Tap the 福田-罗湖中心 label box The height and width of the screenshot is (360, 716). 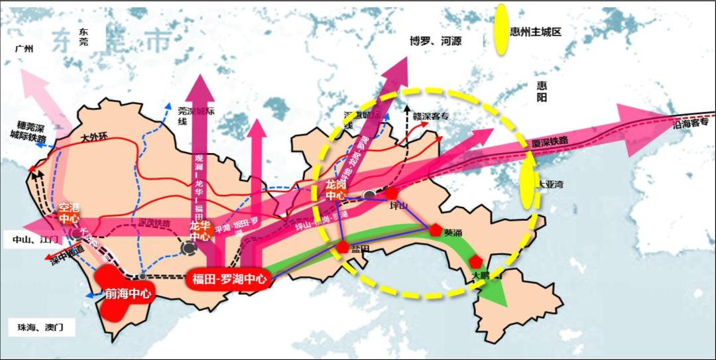(229, 279)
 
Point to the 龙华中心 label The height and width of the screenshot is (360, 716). (200, 230)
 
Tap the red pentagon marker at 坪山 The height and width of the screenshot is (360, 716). (392, 194)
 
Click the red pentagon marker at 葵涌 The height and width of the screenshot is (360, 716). (435, 231)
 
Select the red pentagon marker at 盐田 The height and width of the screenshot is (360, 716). (343, 247)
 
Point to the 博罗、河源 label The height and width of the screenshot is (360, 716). (436, 41)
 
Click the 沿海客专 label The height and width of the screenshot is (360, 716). (690, 123)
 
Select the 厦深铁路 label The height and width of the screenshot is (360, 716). (550, 142)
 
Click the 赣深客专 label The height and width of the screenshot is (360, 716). (432, 117)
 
